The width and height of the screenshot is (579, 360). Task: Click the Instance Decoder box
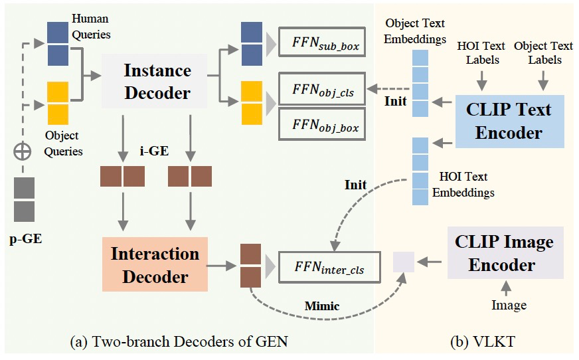pos(157,82)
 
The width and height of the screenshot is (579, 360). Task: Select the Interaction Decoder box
pos(155,264)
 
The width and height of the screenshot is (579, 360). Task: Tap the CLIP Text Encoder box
pos(509,121)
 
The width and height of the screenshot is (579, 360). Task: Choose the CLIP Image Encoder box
pos(505,253)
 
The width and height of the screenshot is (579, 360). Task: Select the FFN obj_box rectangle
pos(321,124)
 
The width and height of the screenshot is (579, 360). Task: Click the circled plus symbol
pos(24,151)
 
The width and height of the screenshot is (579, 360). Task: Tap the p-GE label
pos(26,238)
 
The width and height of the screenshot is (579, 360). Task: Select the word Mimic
pos(322,306)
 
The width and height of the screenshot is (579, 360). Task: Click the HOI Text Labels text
pos(481,52)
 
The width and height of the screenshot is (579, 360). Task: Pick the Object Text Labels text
pos(543,52)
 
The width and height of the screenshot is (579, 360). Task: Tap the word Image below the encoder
pos(508,305)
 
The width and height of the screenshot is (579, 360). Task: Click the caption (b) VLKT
pos(477,343)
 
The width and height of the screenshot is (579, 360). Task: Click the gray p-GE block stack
pos(24,200)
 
